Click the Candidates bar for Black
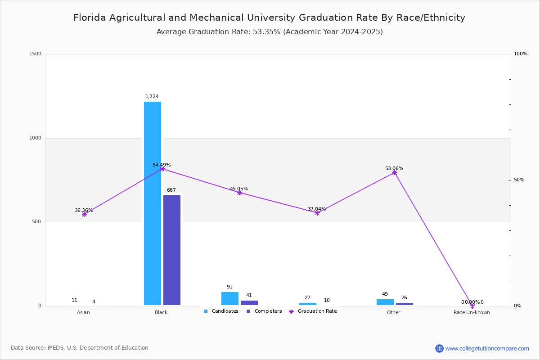(153, 203)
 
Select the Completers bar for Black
(172, 250)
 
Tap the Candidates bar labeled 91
(230, 299)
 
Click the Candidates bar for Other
(385, 302)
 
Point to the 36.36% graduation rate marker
(84, 215)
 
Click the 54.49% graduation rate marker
(162, 169)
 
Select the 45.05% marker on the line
(239, 193)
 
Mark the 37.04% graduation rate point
(317, 213)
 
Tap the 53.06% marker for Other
(395, 173)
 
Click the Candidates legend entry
(221, 311)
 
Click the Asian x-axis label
(83, 313)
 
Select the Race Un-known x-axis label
(472, 313)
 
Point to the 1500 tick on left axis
(36, 54)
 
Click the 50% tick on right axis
(519, 180)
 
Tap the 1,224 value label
(152, 97)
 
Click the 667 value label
(171, 190)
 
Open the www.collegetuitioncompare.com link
(487, 348)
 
